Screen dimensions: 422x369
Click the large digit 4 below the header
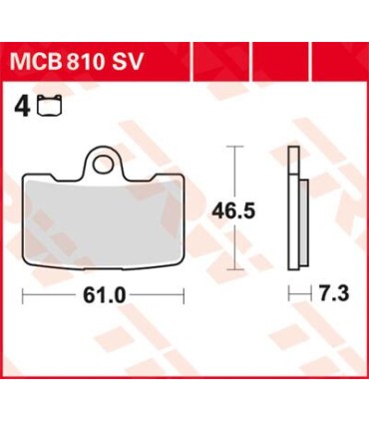point(22,104)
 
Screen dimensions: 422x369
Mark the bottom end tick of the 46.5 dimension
point(234,269)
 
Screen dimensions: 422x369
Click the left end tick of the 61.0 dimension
point(23,297)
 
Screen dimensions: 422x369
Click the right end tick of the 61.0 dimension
point(185,297)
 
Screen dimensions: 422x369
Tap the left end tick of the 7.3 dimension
point(287,296)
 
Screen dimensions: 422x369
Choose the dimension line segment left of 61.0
point(50,297)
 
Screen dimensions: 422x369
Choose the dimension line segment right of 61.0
point(158,297)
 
